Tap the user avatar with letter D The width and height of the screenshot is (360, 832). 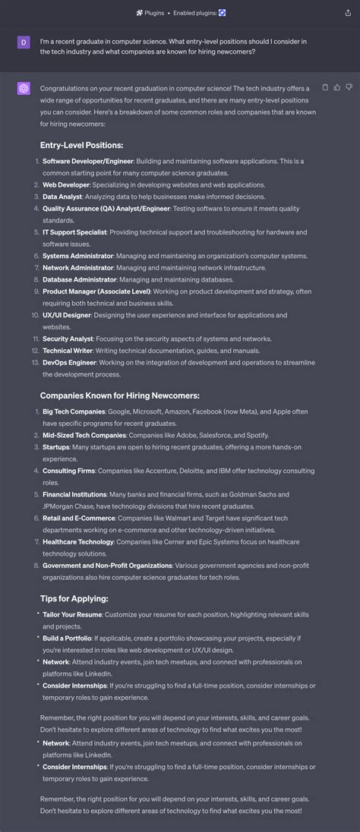(x=24, y=42)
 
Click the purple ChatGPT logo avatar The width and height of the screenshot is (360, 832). (x=24, y=89)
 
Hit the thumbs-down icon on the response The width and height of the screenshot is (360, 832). (x=349, y=88)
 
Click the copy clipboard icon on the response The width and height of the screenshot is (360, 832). (x=326, y=88)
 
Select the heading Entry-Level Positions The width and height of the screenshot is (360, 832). (x=81, y=145)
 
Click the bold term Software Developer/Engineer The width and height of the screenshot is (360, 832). (x=87, y=161)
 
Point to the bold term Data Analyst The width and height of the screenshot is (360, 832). (x=62, y=197)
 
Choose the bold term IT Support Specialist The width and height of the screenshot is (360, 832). (x=74, y=232)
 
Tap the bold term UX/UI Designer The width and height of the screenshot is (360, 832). (x=66, y=315)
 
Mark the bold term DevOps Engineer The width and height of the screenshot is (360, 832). (x=69, y=363)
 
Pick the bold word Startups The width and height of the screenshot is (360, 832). (x=55, y=447)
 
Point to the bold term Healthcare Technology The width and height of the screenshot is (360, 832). (x=77, y=542)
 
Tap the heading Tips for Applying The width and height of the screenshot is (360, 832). (x=74, y=598)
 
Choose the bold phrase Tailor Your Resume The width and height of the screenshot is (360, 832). (x=72, y=614)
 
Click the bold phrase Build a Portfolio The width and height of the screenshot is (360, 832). (x=67, y=638)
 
